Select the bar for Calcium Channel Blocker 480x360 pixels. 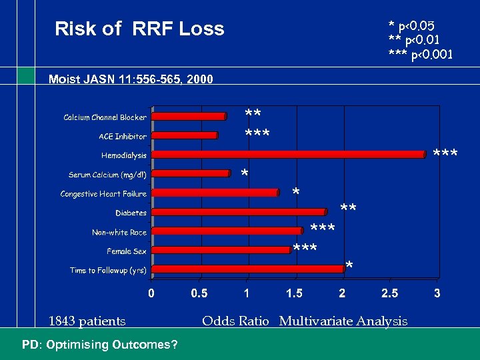[189, 116]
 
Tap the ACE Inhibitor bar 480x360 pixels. [185, 135]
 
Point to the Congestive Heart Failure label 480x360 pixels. [103, 194]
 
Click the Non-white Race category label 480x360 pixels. [119, 233]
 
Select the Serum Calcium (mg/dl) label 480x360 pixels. [107, 175]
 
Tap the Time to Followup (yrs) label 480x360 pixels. [108, 271]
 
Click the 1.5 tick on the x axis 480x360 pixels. [294, 293]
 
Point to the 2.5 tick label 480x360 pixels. [389, 293]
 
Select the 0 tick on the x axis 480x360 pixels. [151, 293]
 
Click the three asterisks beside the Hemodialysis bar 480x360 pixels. [445, 155]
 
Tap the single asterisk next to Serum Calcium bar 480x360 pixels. [245, 175]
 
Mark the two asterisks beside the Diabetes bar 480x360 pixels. [348, 210]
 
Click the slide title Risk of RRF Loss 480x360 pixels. [139, 29]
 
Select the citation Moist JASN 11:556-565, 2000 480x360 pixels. [131, 79]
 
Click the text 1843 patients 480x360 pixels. [87, 321]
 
